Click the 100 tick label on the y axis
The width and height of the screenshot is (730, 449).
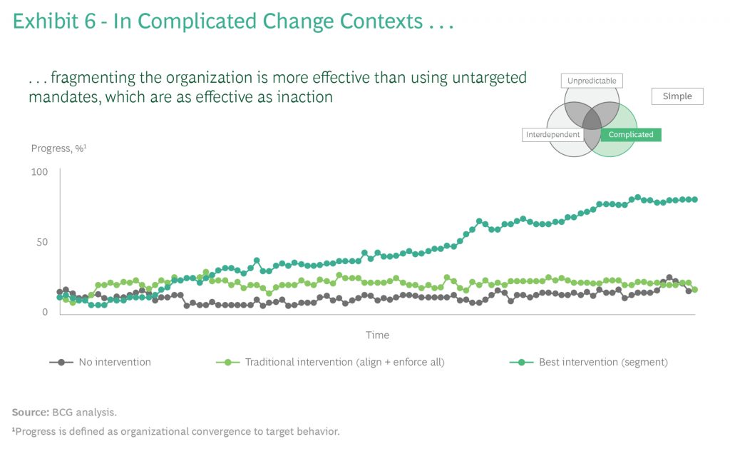(39, 172)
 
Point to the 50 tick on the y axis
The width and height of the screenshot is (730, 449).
(41, 242)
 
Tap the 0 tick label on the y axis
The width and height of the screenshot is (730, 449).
(44, 312)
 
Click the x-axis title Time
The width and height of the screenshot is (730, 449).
(377, 335)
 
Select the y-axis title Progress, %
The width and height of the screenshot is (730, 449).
(58, 148)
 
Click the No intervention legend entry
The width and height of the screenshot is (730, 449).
(114, 362)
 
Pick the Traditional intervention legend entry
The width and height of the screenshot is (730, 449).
(344, 362)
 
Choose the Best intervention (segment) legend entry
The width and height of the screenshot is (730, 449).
(602, 362)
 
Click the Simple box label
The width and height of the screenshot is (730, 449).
(677, 96)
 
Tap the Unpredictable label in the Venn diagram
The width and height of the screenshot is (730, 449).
(592, 81)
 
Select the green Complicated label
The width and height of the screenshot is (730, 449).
(630, 134)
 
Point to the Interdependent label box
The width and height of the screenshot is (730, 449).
(552, 134)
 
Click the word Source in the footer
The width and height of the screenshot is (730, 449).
(29, 412)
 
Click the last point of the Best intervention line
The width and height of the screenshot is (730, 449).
(694, 199)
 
